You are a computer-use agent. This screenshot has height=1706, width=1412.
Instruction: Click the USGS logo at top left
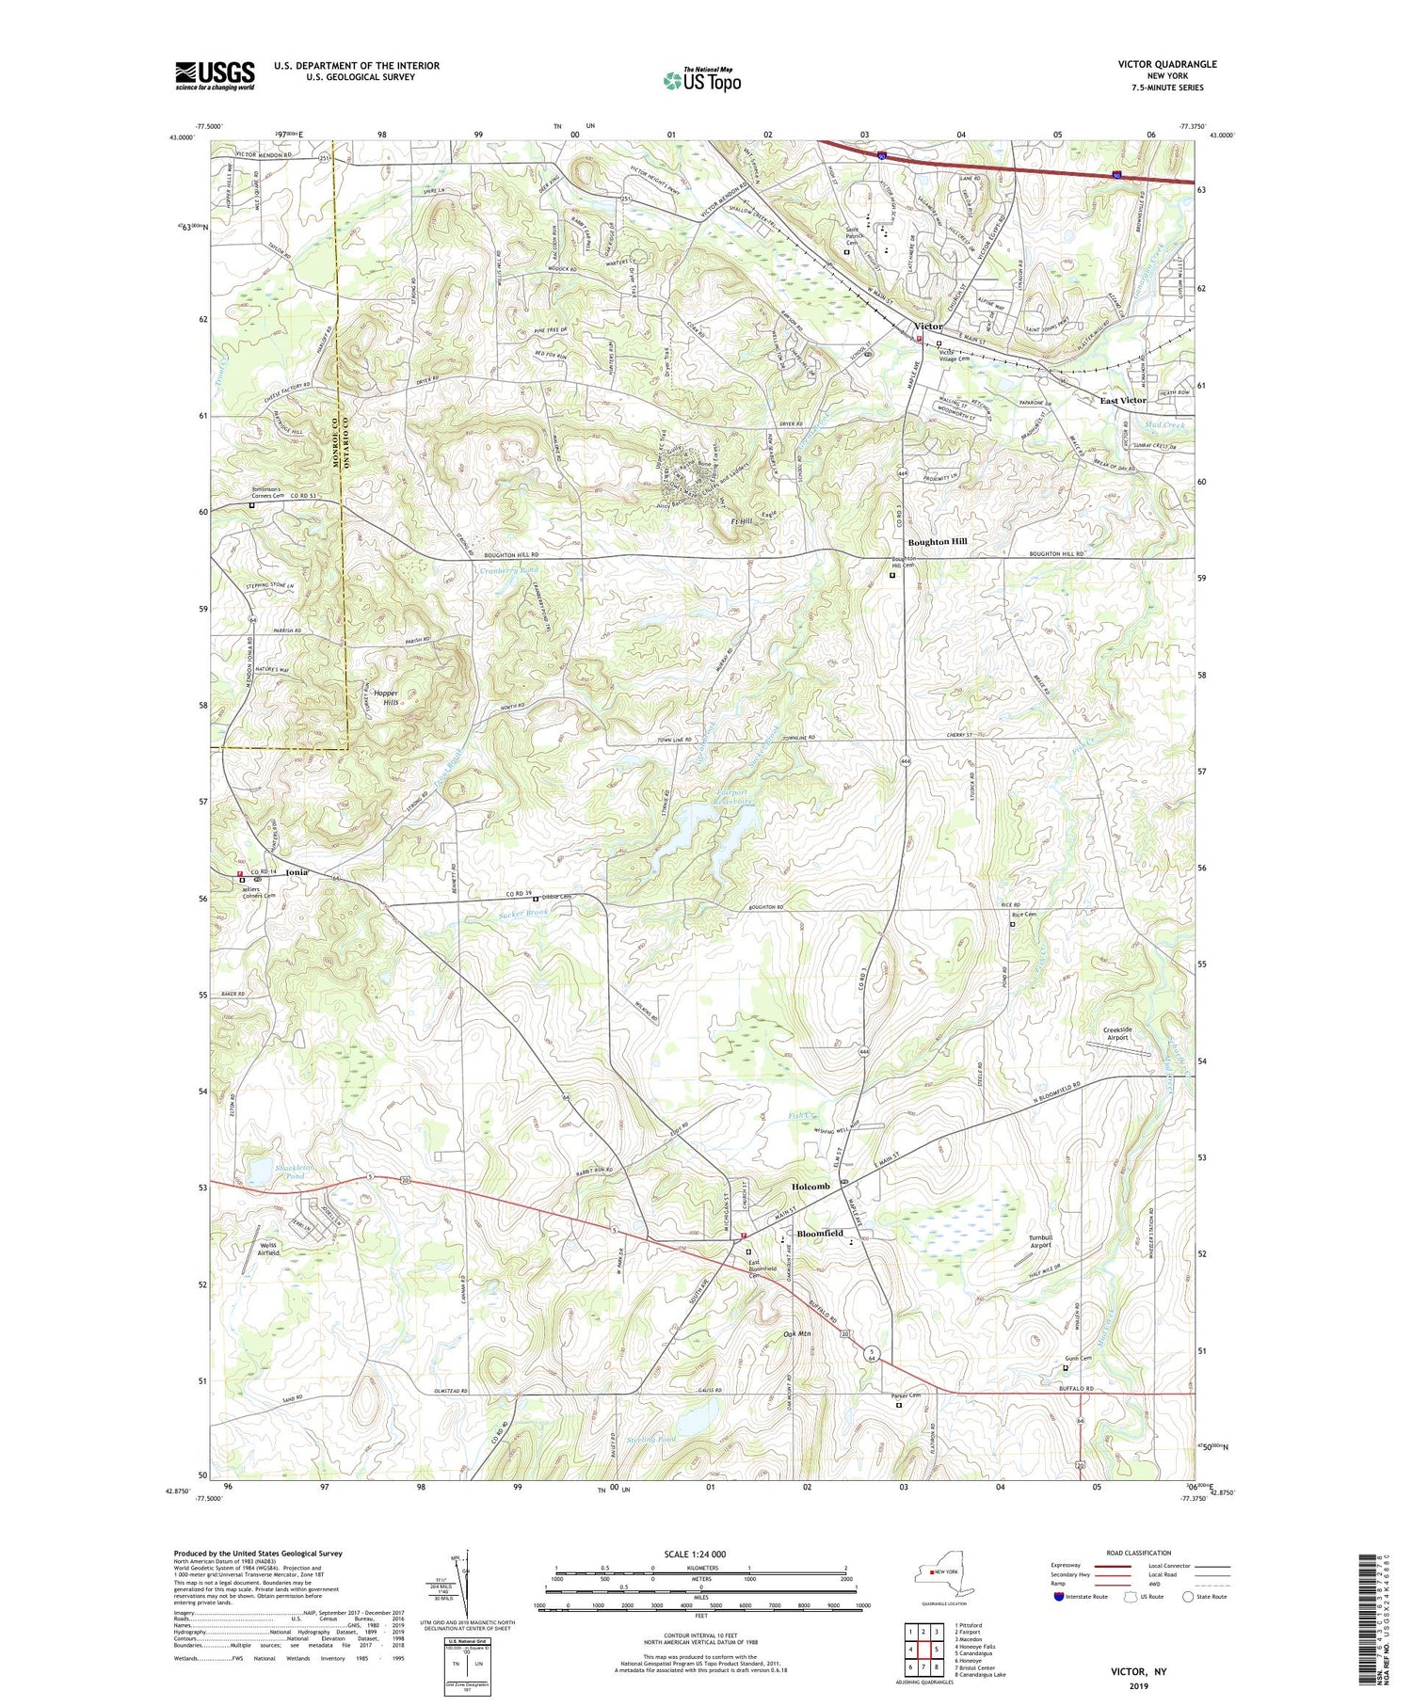click(x=215, y=75)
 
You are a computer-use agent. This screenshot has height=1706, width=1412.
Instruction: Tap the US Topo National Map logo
click(x=701, y=79)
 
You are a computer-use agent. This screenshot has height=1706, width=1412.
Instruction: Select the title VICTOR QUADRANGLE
click(x=1166, y=64)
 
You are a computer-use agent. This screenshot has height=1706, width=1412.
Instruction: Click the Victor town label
click(x=928, y=327)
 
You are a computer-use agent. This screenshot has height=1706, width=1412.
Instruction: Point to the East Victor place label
click(x=1123, y=400)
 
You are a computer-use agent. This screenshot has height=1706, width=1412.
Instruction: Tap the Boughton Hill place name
click(x=937, y=542)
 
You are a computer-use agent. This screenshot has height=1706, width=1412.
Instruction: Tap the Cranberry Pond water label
click(x=509, y=570)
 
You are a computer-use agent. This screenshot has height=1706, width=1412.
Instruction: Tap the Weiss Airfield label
click(x=268, y=1249)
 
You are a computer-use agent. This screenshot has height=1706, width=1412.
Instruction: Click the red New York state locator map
click(x=940, y=1572)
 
